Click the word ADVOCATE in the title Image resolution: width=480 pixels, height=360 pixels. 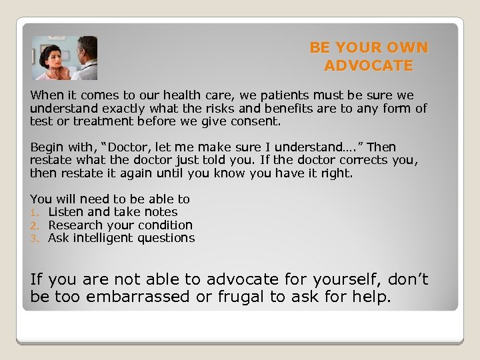pyautogui.click(x=369, y=65)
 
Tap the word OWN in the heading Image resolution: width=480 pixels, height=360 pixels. pyautogui.click(x=409, y=48)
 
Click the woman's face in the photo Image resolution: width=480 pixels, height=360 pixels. pyautogui.click(x=51, y=55)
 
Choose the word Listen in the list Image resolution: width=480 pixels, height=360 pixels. pyautogui.click(x=65, y=212)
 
